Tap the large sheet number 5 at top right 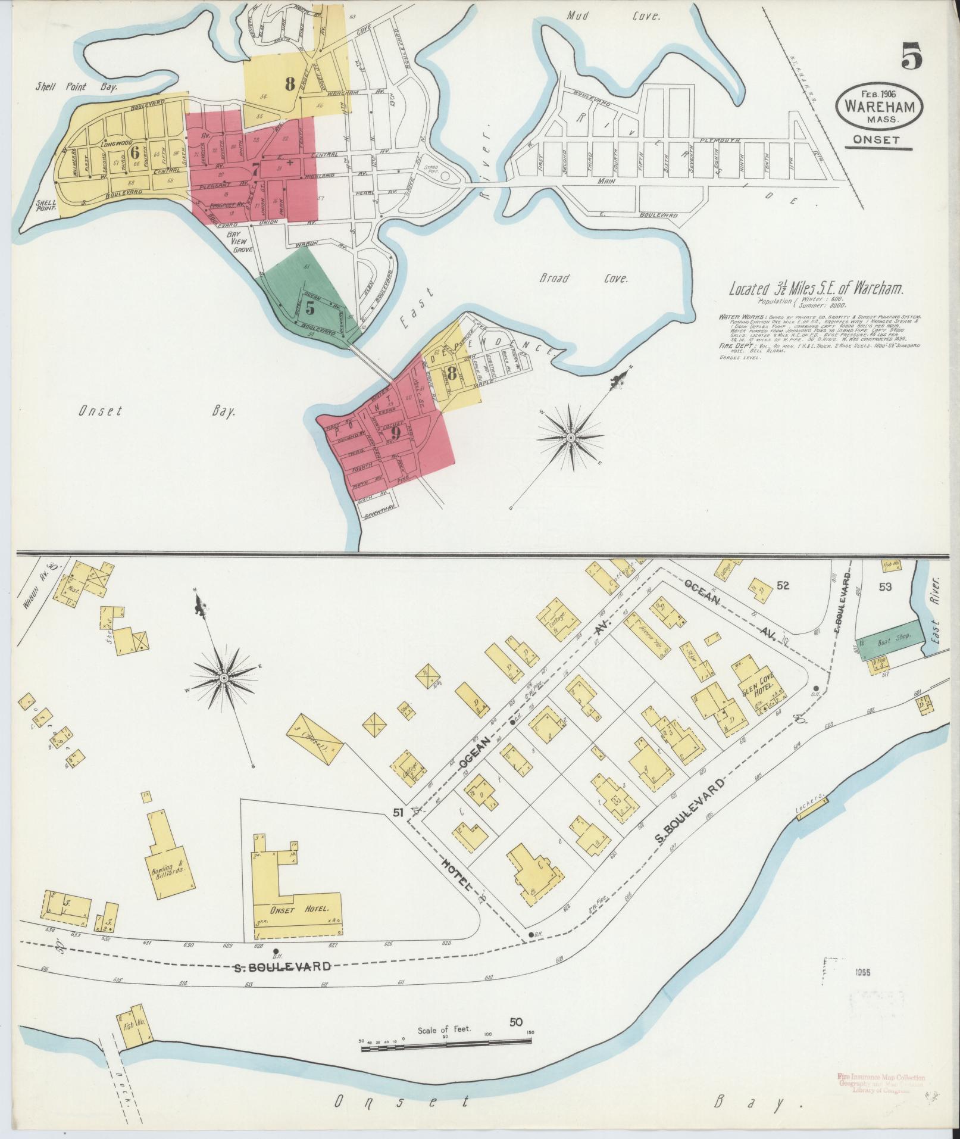coord(910,57)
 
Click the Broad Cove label coord(584,279)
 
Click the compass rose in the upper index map coord(570,438)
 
